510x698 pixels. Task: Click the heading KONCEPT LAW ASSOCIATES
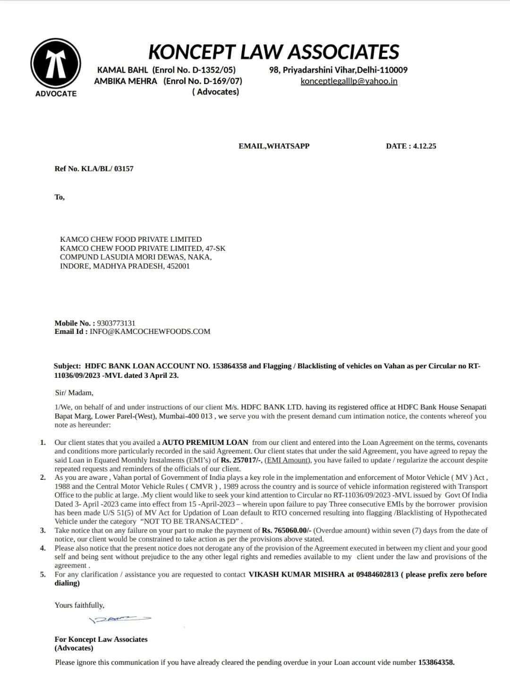point(274,52)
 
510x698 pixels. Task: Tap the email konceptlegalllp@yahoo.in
point(349,81)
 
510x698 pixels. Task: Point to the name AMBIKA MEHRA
point(126,81)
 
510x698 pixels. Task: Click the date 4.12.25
point(425,146)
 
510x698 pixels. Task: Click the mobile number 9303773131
point(116,323)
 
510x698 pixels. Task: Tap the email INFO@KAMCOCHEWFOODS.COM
point(150,332)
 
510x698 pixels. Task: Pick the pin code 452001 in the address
point(178,266)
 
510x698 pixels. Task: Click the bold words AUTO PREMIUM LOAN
point(205,443)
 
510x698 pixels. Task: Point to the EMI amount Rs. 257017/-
point(241,460)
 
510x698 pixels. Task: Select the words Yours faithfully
point(79,605)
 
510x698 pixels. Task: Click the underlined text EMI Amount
point(287,460)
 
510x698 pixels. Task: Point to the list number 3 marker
point(43,530)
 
